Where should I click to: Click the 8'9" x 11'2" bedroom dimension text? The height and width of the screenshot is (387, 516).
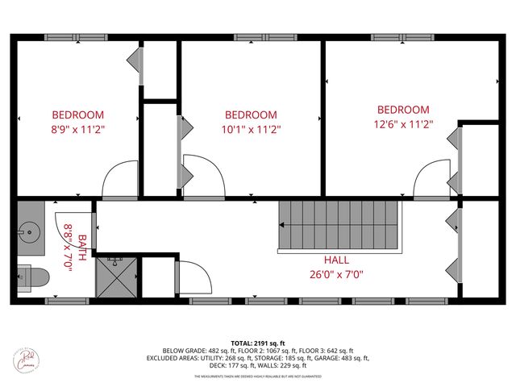(x=78, y=128)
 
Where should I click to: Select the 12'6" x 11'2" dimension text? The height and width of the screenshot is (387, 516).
(x=403, y=124)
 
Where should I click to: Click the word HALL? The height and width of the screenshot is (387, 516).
(x=337, y=260)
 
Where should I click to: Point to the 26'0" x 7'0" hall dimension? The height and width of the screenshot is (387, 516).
(x=337, y=274)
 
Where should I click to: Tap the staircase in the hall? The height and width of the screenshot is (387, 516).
(x=339, y=226)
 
